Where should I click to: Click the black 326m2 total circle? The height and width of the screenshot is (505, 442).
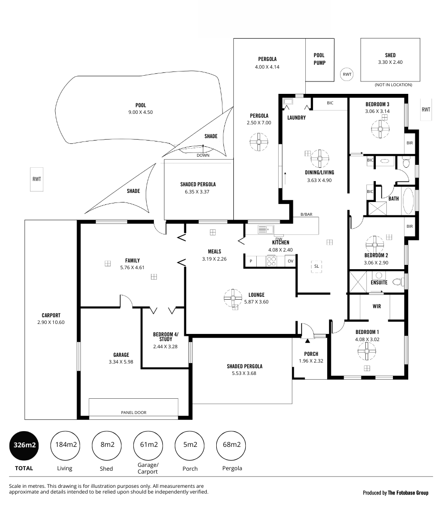tap(24, 445)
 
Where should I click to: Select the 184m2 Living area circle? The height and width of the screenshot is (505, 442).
tap(66, 445)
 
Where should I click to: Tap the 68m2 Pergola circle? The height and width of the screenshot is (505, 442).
tap(231, 445)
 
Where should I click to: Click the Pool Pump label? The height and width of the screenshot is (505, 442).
tap(319, 59)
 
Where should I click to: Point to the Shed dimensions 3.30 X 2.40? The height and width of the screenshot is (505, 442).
tap(390, 62)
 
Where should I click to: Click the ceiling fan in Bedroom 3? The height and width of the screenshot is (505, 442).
tap(380, 129)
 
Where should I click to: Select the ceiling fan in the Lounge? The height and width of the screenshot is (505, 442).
tap(233, 298)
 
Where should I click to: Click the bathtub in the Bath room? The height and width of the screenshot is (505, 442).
tap(408, 201)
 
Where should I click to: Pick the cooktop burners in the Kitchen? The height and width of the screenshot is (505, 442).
tap(271, 261)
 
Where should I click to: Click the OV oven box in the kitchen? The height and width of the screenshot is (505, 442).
tap(291, 261)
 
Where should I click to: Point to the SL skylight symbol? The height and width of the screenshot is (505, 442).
tap(316, 266)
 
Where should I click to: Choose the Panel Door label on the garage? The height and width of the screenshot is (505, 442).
tap(133, 413)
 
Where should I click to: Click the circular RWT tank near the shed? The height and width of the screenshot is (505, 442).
tap(347, 74)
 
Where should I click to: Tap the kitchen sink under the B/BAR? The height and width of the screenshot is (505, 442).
tap(266, 229)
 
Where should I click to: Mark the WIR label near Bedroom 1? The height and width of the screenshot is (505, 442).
tap(377, 306)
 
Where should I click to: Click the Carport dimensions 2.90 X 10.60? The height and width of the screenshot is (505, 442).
tap(51, 322)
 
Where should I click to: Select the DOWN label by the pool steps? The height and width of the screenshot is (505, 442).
tap(203, 155)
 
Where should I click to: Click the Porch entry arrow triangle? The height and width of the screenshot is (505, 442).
tap(307, 341)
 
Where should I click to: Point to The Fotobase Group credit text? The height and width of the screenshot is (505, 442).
tap(408, 493)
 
